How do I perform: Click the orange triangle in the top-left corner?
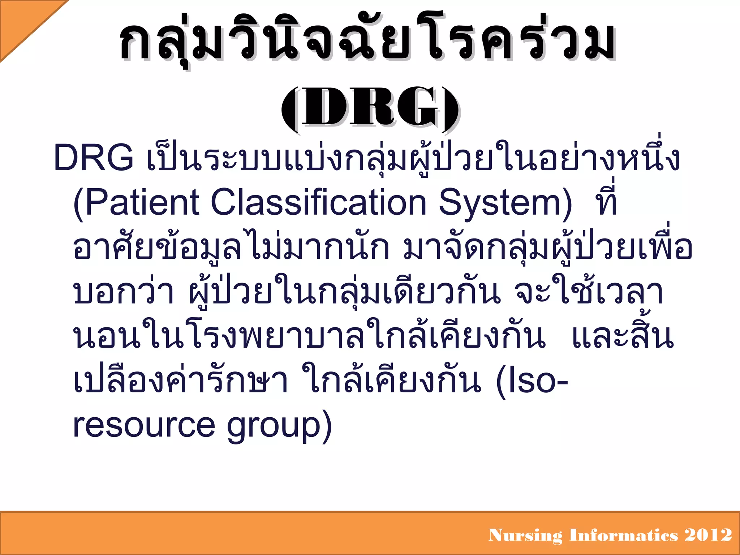tap(22, 22)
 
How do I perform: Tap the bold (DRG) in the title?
tap(370, 108)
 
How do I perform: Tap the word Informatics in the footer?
tap(624, 535)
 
